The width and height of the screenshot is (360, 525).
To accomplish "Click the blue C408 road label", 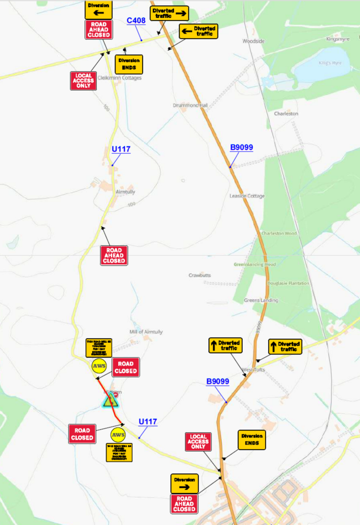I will click(x=136, y=20).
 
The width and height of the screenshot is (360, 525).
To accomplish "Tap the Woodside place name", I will click(x=253, y=41).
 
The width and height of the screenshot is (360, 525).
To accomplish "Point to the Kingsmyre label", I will click(x=338, y=39).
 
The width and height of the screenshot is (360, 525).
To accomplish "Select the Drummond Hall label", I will click(x=190, y=106).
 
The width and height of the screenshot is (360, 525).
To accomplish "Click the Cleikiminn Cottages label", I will click(x=119, y=78).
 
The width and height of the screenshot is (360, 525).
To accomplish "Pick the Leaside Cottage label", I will click(x=247, y=196).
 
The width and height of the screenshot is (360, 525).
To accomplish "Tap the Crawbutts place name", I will click(x=200, y=275).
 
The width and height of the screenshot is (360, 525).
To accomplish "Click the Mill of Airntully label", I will click(x=146, y=332).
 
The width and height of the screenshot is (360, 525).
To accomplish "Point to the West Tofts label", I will click(x=253, y=369).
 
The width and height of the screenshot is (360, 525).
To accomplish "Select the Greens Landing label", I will click(x=261, y=301).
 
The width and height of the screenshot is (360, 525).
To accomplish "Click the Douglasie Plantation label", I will click(x=288, y=283).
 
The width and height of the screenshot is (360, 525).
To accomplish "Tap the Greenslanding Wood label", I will click(x=255, y=264).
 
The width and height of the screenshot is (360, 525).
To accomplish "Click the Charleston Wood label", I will click(x=279, y=233).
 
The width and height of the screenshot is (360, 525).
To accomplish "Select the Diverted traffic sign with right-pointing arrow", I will click(x=169, y=13).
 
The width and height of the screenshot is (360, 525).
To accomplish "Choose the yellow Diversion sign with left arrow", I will click(x=98, y=9).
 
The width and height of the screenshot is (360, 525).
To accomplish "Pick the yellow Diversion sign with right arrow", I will click(x=184, y=483).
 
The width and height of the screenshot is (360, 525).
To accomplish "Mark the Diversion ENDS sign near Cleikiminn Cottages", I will click(x=129, y=65).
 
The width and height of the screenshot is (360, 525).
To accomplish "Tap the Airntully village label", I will click(x=125, y=192).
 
